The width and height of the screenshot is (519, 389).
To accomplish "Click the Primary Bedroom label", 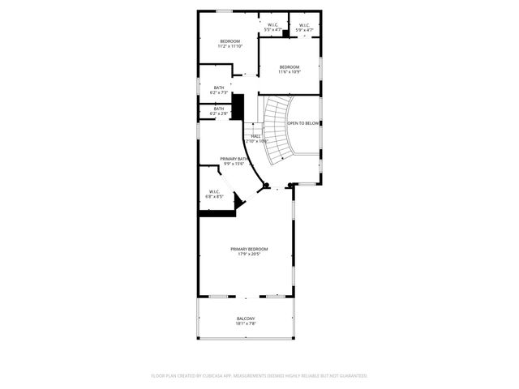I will (x=249, y=249).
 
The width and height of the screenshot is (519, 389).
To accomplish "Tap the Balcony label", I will (x=246, y=318).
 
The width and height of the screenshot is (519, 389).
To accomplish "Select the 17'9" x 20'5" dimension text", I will (x=249, y=254).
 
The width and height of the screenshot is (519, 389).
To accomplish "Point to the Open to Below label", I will (x=303, y=123).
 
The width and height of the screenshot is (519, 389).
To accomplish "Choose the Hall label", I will (x=255, y=135).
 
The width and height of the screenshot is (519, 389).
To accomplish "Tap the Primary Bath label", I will (x=233, y=159).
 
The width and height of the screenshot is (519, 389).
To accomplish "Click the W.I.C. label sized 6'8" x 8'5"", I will (x=214, y=191).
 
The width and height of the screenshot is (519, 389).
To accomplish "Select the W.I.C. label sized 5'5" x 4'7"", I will (x=272, y=25).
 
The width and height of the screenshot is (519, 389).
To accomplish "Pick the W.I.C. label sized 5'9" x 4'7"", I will (x=304, y=25).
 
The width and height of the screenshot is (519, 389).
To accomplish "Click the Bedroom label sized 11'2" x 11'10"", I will (x=229, y=41).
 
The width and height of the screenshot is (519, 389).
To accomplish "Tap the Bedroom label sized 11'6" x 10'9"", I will (x=290, y=66).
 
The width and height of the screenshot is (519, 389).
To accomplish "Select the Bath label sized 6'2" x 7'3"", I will (x=219, y=88).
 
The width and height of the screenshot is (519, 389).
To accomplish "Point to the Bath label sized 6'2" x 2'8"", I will (x=219, y=109).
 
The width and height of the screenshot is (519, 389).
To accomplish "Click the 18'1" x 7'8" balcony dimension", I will (x=246, y=324).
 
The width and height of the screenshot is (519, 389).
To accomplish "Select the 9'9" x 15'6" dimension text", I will (x=234, y=165).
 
